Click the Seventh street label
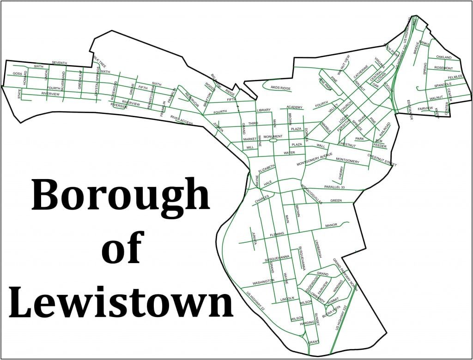coord(59,63)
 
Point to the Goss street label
coord(18,74)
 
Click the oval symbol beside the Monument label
coord(273,142)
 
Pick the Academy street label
coord(294,107)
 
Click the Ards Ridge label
coord(280,88)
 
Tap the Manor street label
coord(331,225)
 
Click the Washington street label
coord(263,281)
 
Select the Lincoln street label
coord(287,298)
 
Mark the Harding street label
coord(307,323)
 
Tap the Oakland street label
coord(443,57)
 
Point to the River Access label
coord(181,121)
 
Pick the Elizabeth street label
coord(267,168)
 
